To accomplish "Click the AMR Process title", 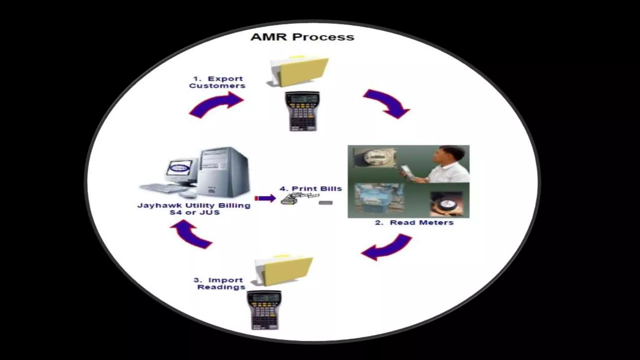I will pyautogui.click(x=302, y=37).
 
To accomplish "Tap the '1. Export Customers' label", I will pyautogui.click(x=217, y=82).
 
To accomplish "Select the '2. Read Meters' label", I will pyautogui.click(x=414, y=223).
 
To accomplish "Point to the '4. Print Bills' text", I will pyautogui.click(x=311, y=189).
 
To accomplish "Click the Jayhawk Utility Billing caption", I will pyautogui.click(x=194, y=209).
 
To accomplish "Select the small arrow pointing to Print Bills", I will pyautogui.click(x=265, y=198).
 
